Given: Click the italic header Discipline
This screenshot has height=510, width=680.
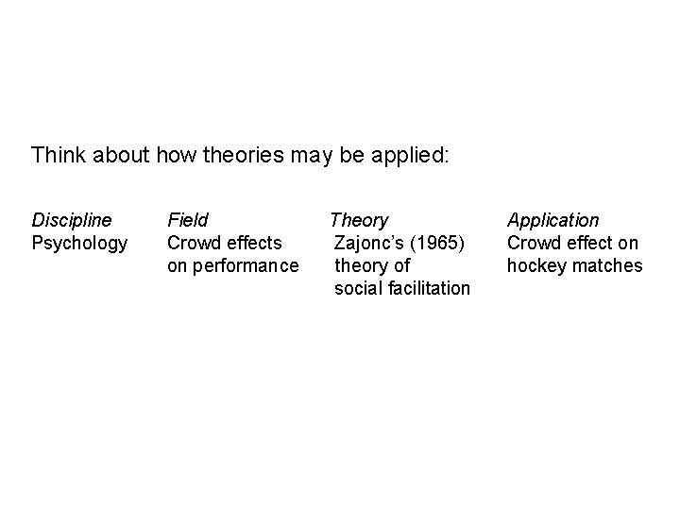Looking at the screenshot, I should (x=72, y=220).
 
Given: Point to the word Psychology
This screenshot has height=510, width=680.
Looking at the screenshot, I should (x=79, y=243).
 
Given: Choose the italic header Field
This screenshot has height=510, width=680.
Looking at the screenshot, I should (x=188, y=220).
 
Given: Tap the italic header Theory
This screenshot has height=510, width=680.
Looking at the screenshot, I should (x=359, y=220).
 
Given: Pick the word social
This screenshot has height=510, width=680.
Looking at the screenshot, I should (x=358, y=288).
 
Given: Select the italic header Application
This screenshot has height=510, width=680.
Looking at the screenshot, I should (x=553, y=220).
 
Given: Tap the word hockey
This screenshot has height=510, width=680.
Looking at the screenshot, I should (x=535, y=265).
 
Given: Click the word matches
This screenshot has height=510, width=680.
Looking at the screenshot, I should (x=605, y=265).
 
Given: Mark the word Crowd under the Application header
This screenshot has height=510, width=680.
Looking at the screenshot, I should (x=533, y=243).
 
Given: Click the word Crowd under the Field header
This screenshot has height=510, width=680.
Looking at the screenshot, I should (x=193, y=243).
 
